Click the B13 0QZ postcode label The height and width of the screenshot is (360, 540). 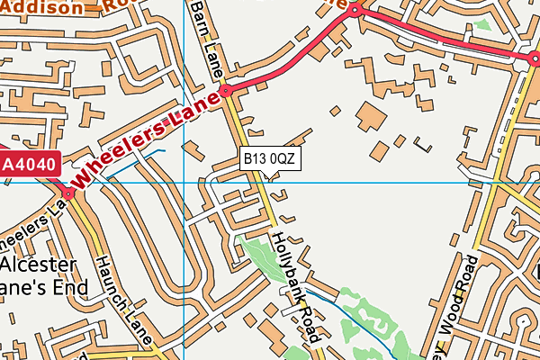click(x=269, y=158)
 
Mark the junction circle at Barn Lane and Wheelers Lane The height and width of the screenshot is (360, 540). click(x=227, y=91)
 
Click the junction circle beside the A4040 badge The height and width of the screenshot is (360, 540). click(x=67, y=193)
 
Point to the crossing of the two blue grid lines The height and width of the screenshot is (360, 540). click(x=184, y=183)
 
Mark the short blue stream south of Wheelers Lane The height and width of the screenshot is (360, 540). click(x=135, y=163)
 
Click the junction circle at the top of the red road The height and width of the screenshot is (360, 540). click(x=355, y=11)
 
